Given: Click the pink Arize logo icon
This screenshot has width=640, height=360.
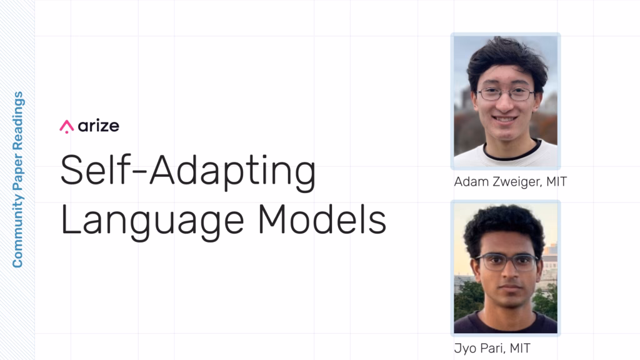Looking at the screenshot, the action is pyautogui.click(x=66, y=126).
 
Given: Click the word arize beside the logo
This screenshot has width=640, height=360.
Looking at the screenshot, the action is pyautogui.click(x=98, y=126).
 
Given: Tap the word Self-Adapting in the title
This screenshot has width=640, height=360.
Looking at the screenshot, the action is pyautogui.click(x=187, y=171).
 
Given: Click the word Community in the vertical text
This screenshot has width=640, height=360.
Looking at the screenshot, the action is pyautogui.click(x=17, y=231).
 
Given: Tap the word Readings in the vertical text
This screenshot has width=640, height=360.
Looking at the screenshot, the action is pyautogui.click(x=17, y=121).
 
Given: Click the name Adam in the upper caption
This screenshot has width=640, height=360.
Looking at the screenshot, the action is pyautogui.click(x=471, y=181).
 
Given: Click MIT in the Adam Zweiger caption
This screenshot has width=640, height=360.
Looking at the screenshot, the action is pyautogui.click(x=557, y=181).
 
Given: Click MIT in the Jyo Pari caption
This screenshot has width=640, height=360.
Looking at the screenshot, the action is pyautogui.click(x=520, y=348).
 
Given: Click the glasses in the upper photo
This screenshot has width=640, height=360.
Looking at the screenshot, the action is pyautogui.click(x=506, y=95).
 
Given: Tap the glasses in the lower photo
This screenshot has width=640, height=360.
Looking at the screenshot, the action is pyautogui.click(x=506, y=262).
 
